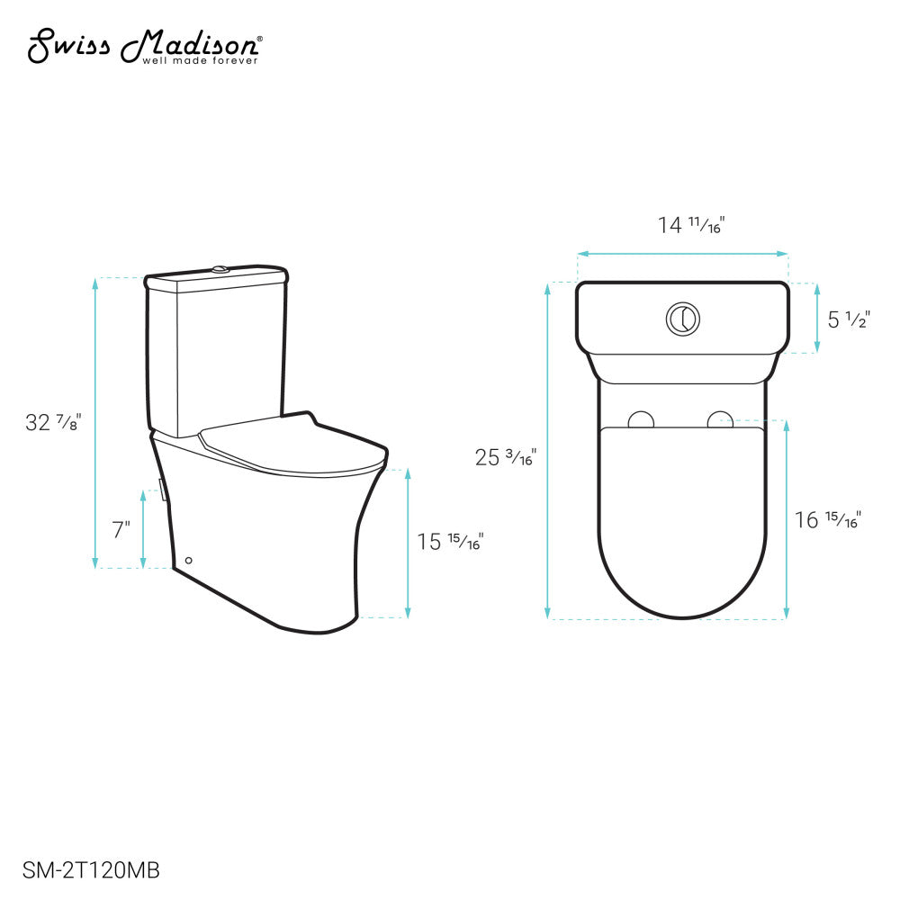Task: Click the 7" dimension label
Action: [121, 529]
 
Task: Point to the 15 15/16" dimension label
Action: [450, 541]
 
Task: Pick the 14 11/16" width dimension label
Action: [691, 225]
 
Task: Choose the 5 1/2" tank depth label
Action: [846, 319]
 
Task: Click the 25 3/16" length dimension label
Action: [505, 457]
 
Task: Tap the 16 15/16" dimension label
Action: [827, 519]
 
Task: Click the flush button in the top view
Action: [683, 318]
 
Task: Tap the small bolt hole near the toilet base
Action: [188, 561]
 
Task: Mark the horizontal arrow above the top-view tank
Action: [682, 255]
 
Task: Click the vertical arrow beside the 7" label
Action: [143, 529]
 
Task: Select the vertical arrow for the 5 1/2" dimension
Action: [816, 318]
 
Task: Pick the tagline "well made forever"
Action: [201, 60]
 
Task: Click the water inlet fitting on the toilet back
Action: [161, 490]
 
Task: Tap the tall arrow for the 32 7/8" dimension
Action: [96, 423]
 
